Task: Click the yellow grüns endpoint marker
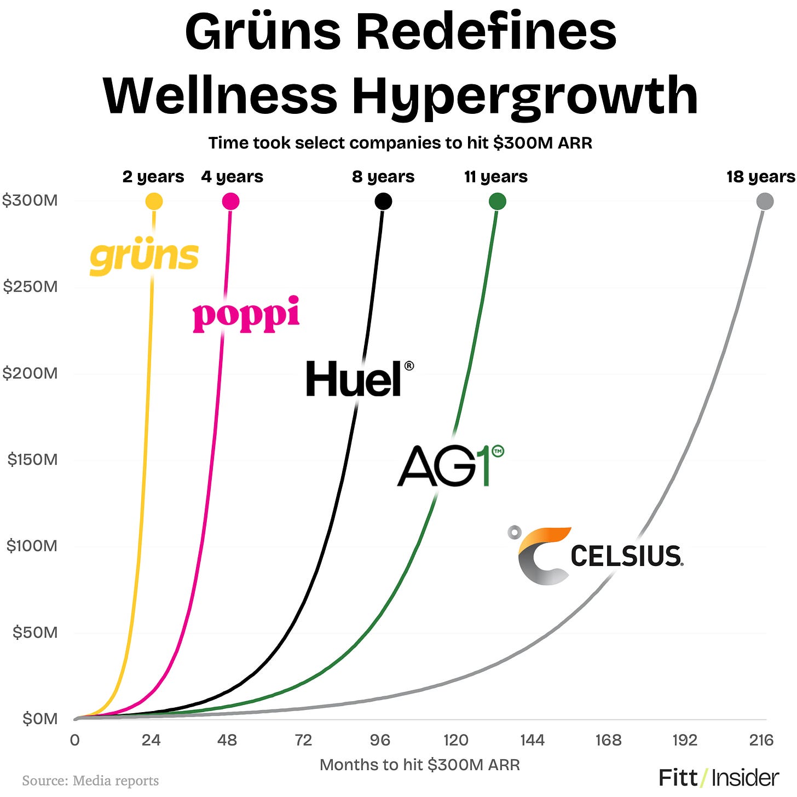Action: tap(154, 201)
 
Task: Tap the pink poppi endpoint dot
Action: tap(230, 201)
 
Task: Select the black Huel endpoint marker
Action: tap(383, 201)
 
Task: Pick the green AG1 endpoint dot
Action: tap(497, 201)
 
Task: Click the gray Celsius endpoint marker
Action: tap(765, 201)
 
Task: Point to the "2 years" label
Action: tap(153, 177)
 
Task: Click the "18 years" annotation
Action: tap(760, 177)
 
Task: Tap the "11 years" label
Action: tap(496, 177)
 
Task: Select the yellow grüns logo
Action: tap(144, 257)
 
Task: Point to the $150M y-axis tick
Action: tap(32, 459)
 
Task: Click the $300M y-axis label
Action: tap(30, 200)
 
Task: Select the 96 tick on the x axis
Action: tap(380, 741)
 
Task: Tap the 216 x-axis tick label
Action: tap(761, 741)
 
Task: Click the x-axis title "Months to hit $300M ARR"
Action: tap(419, 765)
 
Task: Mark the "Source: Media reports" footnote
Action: tap(90, 781)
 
